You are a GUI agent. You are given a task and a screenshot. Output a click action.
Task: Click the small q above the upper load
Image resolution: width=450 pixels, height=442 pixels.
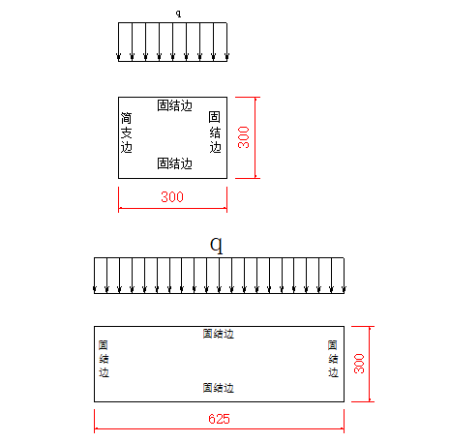178,14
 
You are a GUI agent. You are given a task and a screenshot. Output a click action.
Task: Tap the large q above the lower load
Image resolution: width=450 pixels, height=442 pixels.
217,246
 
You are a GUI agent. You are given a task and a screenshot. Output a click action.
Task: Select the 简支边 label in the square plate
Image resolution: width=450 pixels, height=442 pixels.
127,133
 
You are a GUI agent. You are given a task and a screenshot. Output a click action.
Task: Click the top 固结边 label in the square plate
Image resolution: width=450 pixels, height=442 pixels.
174,105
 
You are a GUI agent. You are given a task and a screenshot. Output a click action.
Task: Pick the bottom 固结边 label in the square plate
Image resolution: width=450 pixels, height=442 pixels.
174,163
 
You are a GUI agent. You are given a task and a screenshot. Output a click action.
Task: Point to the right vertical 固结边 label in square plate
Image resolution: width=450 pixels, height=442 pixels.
215,132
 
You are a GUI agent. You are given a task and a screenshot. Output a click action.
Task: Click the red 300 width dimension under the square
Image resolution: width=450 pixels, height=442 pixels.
172,197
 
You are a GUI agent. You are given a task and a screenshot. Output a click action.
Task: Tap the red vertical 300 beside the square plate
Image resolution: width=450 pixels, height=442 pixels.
244,137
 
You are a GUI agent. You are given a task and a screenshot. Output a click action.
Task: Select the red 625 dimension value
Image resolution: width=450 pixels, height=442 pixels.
219,419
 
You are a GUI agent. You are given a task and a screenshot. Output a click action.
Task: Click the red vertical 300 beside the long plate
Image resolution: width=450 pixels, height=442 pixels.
359,364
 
